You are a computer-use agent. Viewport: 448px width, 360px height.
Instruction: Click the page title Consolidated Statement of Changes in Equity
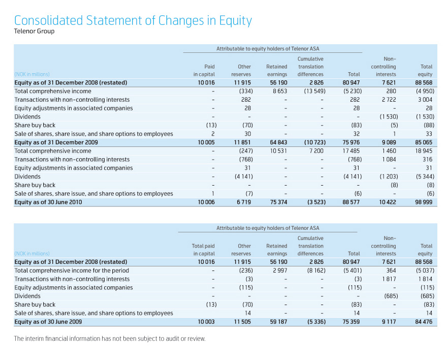point(133,21)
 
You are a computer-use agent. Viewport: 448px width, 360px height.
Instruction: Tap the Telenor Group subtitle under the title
point(34,32)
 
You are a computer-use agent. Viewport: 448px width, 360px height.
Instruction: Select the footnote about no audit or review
point(110,339)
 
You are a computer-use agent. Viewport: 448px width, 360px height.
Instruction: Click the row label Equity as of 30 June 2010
point(48,202)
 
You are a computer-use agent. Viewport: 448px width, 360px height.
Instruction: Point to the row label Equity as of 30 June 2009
point(48,322)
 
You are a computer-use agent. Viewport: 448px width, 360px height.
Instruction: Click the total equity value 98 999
point(423,202)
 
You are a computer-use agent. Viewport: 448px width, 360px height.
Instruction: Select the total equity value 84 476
point(423,322)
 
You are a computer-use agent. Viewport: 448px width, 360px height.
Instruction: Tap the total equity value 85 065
point(423,142)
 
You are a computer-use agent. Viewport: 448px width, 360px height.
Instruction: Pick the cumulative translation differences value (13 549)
point(311,91)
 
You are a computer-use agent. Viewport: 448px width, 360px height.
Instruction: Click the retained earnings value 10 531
point(278,151)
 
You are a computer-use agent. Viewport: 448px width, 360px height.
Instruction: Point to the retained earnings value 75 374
point(278,202)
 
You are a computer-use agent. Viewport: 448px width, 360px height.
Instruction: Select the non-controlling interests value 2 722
point(388,100)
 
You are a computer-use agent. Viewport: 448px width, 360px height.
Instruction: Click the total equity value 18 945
point(423,151)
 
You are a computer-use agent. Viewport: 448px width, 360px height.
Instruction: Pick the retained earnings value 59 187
point(278,322)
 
